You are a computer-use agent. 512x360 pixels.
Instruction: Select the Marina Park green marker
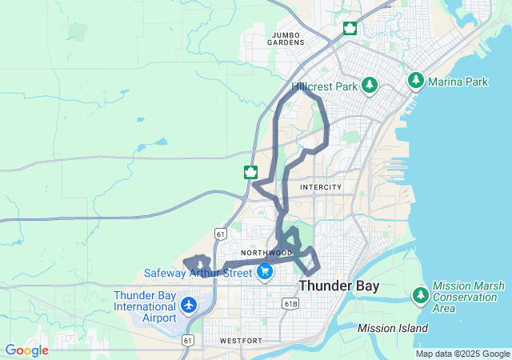pos(416,80)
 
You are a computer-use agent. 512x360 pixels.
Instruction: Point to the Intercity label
pos(320,187)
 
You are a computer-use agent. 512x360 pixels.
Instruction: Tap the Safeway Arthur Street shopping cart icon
pos(266,272)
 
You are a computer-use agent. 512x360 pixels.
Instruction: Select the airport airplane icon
pos(189,305)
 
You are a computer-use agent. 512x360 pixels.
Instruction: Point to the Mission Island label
pos(393,328)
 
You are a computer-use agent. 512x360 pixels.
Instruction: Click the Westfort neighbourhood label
pos(240,341)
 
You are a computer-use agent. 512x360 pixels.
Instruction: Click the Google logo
pos(26,350)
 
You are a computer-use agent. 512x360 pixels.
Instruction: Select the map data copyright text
pos(462,354)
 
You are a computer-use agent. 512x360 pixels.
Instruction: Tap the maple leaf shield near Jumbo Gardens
pos(350,30)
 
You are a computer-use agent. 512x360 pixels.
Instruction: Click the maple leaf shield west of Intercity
pos(250,172)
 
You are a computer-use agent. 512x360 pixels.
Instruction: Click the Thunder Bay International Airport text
pos(145,306)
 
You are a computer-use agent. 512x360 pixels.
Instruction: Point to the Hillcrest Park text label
pos(323,85)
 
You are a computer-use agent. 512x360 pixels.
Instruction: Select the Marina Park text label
pos(459,80)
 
